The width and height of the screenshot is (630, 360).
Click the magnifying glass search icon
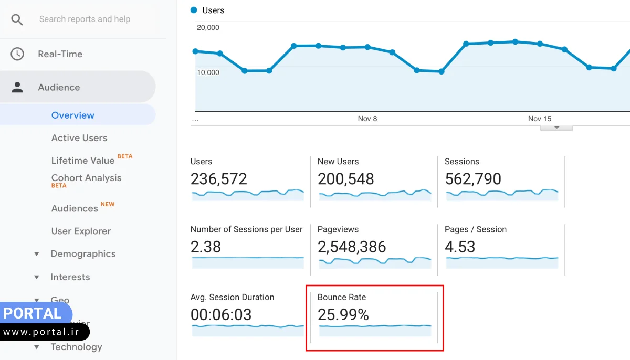click(17, 19)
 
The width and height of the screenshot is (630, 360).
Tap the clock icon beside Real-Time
click(17, 54)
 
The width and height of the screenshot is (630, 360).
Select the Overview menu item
click(73, 115)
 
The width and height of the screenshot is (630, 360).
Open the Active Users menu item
click(79, 138)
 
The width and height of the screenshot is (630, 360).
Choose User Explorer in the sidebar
click(81, 231)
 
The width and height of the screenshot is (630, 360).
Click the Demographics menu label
click(83, 254)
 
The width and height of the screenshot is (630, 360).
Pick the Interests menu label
click(70, 277)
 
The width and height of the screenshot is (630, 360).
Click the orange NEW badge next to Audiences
click(108, 204)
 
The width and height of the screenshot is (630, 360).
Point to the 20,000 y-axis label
click(208, 27)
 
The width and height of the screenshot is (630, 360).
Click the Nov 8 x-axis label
click(367, 119)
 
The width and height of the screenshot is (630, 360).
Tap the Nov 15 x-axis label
click(540, 119)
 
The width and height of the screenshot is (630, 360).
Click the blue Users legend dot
click(194, 10)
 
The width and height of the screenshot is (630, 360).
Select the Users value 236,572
click(218, 179)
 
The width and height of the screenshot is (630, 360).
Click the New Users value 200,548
click(345, 179)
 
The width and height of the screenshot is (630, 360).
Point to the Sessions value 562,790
click(472, 179)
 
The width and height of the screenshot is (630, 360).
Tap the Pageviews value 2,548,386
click(352, 247)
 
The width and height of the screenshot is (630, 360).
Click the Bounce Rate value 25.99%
click(343, 314)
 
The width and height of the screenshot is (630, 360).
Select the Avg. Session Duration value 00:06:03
click(221, 314)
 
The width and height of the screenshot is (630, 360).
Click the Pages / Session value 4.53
click(459, 247)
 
